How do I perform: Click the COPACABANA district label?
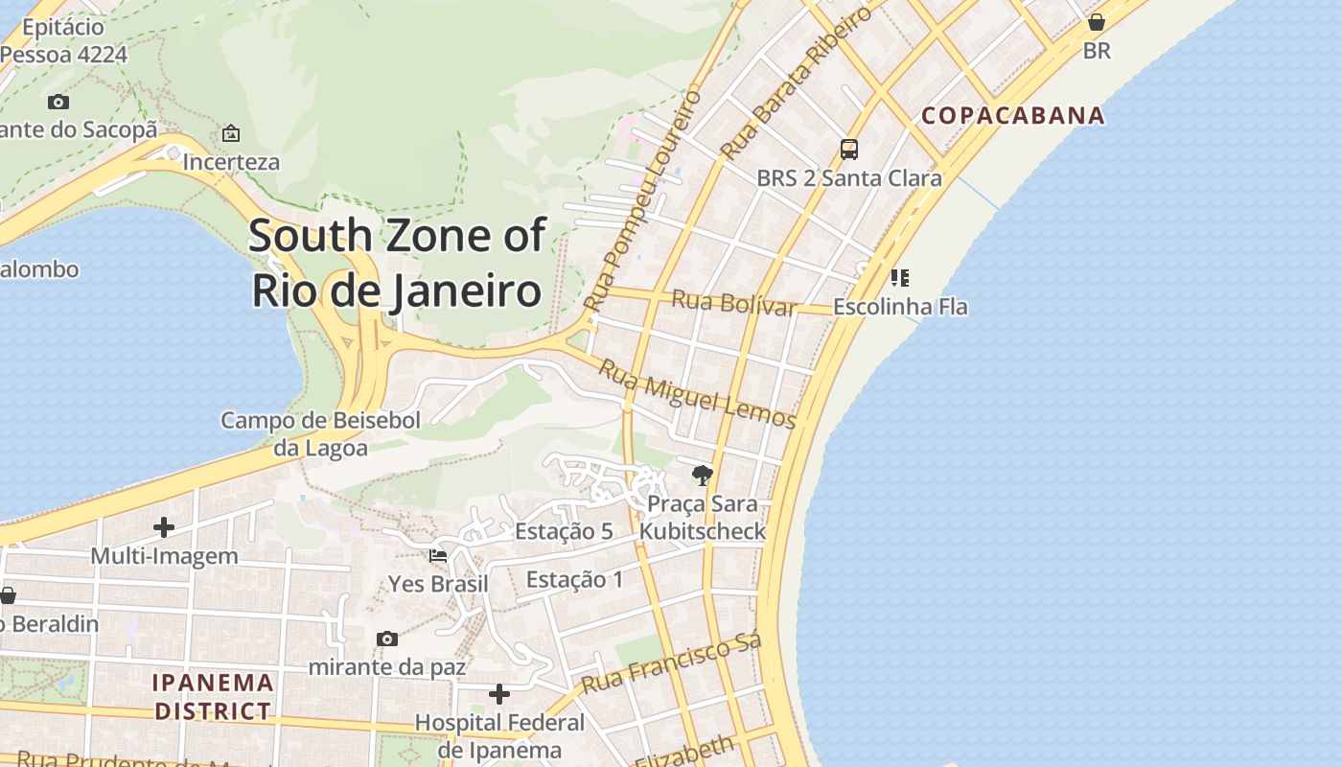point(1013,116)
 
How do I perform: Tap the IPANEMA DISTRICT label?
point(214,697)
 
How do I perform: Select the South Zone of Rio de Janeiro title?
point(397,263)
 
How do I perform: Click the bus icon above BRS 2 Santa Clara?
point(849,149)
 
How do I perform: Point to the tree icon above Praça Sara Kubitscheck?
point(703,475)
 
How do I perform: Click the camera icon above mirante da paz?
point(387,639)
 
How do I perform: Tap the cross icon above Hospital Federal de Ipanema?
point(499,693)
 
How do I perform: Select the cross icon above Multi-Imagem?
point(164,526)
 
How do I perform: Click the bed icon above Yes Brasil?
point(438,555)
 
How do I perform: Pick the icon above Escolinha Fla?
point(899,278)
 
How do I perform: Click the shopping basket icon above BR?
point(1097,21)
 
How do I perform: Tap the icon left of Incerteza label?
point(231,133)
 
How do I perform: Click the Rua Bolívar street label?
point(734,302)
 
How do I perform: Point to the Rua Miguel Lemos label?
point(697,393)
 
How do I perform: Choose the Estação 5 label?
point(564,531)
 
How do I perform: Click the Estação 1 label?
point(574,579)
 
